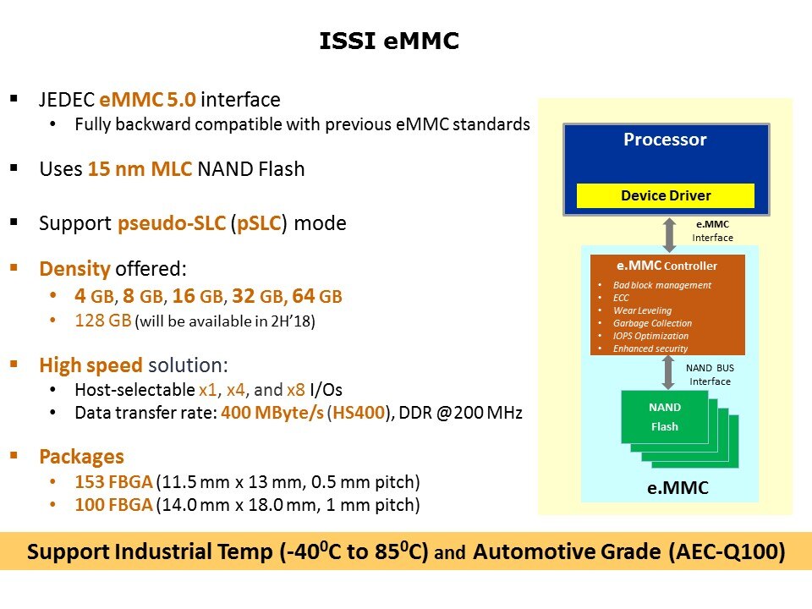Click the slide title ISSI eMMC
(389, 41)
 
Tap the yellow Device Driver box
(666, 195)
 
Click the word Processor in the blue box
(665, 140)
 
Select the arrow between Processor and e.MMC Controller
(670, 235)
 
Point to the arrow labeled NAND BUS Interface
(668, 372)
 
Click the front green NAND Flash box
(665, 417)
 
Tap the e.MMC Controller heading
(667, 266)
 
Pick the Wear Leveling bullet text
(642, 310)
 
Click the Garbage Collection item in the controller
(652, 323)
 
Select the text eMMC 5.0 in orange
(147, 99)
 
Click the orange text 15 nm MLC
(140, 169)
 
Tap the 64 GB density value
(317, 296)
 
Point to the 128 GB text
(103, 320)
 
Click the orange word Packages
(82, 457)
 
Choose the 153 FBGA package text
(113, 481)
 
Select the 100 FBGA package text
(113, 504)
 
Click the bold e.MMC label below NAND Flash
(678, 488)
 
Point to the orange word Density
(75, 269)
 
